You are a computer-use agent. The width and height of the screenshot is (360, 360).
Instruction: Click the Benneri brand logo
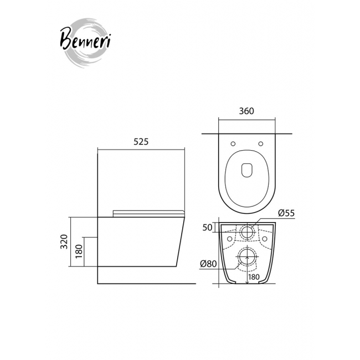click(x=85, y=43)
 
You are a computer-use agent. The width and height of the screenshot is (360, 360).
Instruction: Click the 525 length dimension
click(x=141, y=142)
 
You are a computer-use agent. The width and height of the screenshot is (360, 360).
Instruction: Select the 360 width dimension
click(x=246, y=111)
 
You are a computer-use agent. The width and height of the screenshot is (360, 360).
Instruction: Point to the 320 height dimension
click(x=64, y=241)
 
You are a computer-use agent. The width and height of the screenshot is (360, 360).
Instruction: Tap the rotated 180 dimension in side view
click(x=79, y=251)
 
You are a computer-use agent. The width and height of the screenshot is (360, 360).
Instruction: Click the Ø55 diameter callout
click(x=286, y=213)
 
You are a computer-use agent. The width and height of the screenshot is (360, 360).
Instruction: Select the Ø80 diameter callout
click(x=208, y=264)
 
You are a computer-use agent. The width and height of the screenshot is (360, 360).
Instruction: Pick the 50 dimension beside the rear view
click(x=207, y=228)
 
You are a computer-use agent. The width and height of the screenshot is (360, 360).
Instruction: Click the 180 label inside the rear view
click(x=254, y=277)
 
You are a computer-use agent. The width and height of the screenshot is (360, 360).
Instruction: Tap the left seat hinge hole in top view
click(x=233, y=144)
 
